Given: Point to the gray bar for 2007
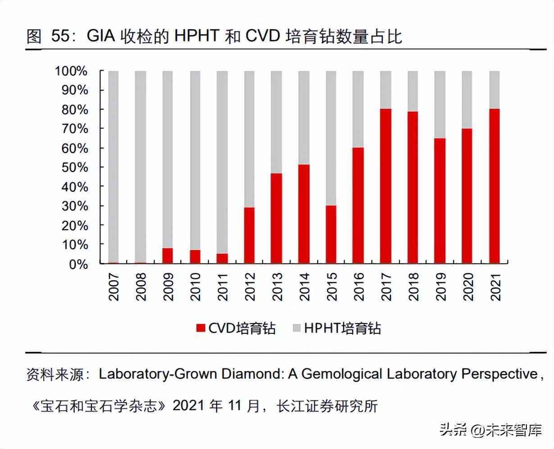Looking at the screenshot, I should [114, 166].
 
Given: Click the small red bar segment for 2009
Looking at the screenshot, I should [168, 256].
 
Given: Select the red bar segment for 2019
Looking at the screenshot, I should [440, 201].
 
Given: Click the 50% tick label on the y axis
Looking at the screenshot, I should [71, 167].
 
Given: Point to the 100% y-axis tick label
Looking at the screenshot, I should [71, 71].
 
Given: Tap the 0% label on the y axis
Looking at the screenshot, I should [77, 264].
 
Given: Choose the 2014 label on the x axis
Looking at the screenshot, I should [304, 286].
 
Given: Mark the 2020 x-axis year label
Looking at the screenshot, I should [468, 286].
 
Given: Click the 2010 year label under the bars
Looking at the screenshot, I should [195, 286].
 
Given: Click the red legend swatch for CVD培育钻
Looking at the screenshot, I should [200, 328].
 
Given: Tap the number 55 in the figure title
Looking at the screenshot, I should [61, 36].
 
